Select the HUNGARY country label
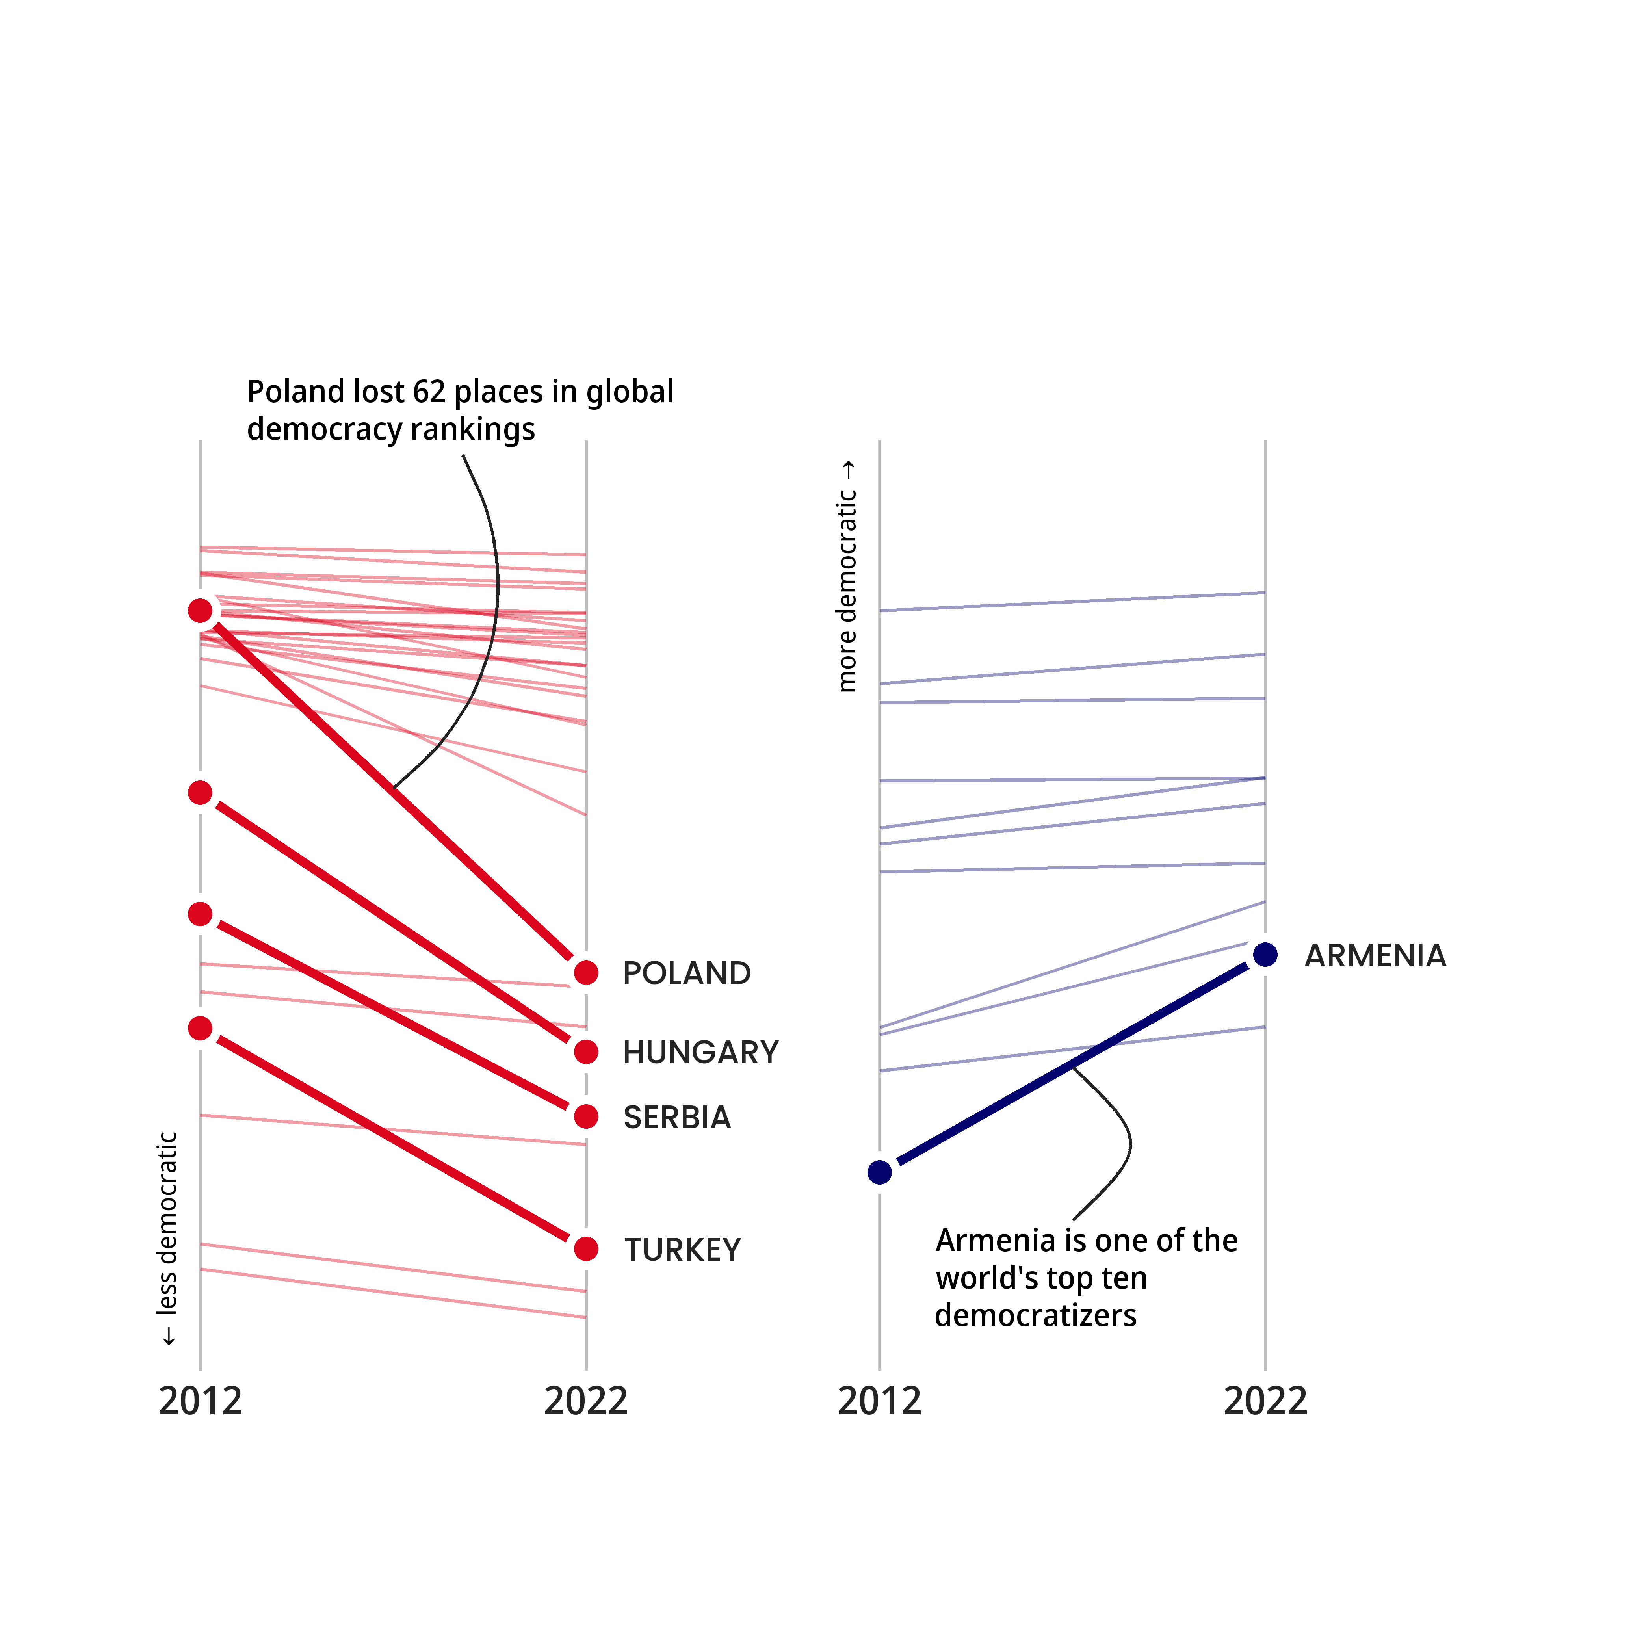[700, 1053]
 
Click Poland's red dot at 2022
[586, 973]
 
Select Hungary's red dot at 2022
[586, 1052]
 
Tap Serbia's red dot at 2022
[586, 1117]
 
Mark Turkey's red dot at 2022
[586, 1248]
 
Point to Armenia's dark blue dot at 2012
[880, 1172]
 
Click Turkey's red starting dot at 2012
[200, 1028]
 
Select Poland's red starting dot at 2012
[200, 610]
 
